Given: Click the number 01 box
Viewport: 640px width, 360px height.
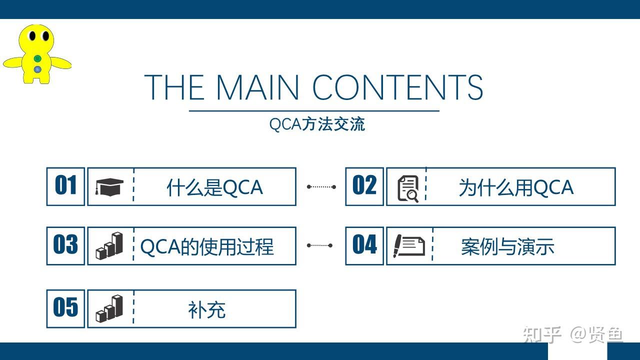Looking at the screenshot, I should click(x=65, y=186).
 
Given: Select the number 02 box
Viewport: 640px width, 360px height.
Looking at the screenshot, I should click(x=364, y=186).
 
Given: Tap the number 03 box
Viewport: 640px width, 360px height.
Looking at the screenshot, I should click(x=65, y=245).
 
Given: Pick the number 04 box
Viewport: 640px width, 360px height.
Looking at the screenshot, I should click(x=364, y=245).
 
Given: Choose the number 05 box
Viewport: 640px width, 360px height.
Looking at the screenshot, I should click(x=65, y=308).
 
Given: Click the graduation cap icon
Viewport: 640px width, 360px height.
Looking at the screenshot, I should click(x=109, y=187).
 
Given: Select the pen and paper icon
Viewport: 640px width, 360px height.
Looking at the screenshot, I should click(x=408, y=245).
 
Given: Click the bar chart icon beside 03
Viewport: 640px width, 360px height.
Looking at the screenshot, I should click(x=109, y=245).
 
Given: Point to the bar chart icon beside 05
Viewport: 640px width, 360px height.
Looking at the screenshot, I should click(x=109, y=308).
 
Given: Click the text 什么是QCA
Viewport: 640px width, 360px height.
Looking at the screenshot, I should click(x=214, y=188).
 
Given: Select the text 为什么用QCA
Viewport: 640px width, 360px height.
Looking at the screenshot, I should click(x=515, y=188).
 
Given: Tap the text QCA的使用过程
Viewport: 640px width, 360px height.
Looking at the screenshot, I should click(x=207, y=247).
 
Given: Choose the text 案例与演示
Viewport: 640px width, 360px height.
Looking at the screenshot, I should click(x=507, y=247).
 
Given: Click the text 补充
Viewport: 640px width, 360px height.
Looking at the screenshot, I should click(x=207, y=309).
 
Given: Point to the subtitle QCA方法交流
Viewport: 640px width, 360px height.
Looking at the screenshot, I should click(x=317, y=124).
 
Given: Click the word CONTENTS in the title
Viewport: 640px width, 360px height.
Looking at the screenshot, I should click(x=397, y=87).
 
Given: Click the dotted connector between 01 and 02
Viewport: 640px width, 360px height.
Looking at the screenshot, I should click(x=321, y=187).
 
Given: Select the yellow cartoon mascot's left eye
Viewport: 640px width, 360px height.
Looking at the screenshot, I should click(x=32, y=36).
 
